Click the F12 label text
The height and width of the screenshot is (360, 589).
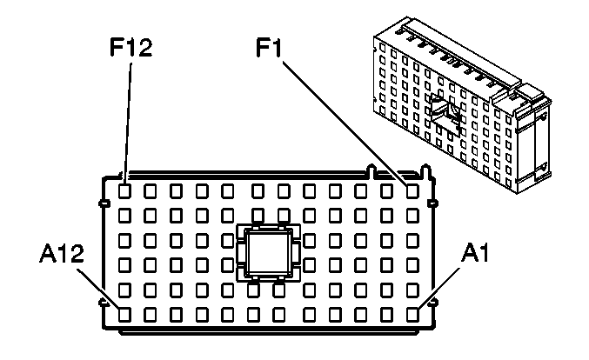coord(131,47)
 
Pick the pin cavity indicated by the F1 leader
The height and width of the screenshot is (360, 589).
coord(413,188)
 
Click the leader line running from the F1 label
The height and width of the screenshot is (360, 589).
coord(348,122)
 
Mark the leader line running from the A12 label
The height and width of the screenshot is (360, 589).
coord(97,288)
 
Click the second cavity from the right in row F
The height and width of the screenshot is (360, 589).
coord(387,188)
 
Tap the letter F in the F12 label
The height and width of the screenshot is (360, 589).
coord(115,47)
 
